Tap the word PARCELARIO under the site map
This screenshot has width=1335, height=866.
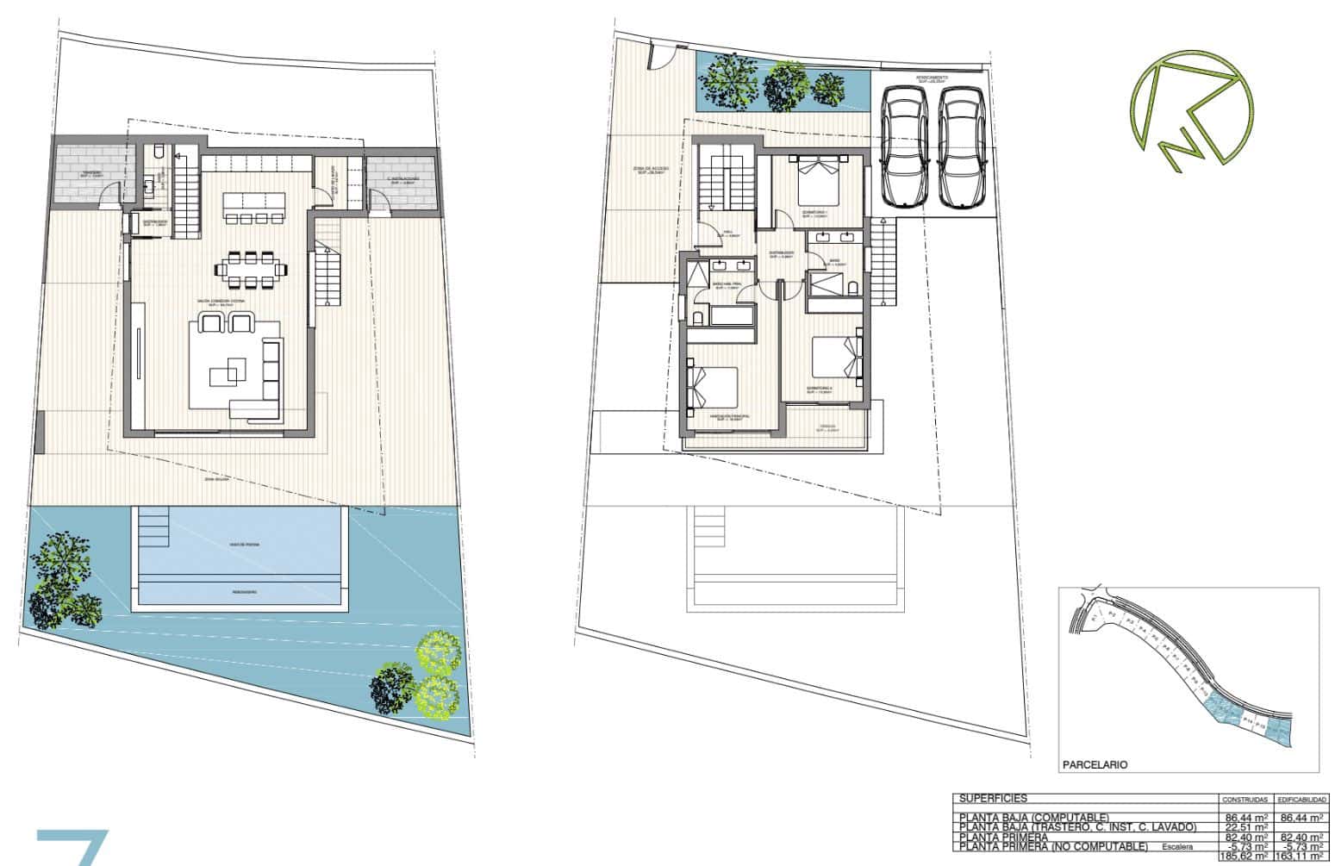1095,764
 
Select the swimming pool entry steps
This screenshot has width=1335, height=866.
155,525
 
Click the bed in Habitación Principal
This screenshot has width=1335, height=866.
713,389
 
